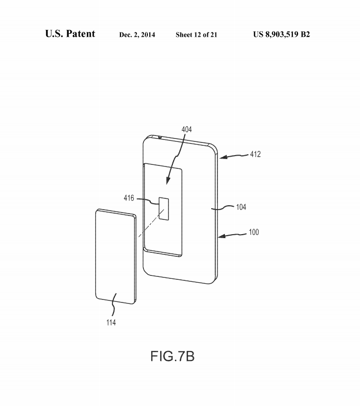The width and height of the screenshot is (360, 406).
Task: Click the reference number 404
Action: [x=187, y=129]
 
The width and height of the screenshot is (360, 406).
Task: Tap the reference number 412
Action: [x=255, y=154]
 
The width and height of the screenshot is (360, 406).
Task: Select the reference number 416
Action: [x=129, y=198]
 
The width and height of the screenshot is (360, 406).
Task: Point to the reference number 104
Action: [x=241, y=207]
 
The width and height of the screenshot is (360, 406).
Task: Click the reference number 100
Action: [x=254, y=232]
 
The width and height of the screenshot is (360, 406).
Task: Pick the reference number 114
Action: [x=111, y=323]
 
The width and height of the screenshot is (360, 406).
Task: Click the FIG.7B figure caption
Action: [x=172, y=356]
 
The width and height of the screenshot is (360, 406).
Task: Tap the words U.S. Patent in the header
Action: [x=70, y=34]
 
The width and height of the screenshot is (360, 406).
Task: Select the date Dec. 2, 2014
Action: [x=137, y=35]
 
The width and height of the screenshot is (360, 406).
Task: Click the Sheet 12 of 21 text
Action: [x=196, y=35]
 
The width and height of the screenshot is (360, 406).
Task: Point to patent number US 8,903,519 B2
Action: [x=281, y=34]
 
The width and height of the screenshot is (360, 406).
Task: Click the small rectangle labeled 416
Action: [x=164, y=209]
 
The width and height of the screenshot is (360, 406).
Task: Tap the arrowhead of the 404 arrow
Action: [x=168, y=181]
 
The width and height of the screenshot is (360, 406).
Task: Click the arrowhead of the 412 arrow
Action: [x=223, y=157]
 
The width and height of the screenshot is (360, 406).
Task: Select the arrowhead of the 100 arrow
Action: [x=222, y=236]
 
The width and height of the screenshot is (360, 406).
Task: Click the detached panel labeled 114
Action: [x=115, y=256]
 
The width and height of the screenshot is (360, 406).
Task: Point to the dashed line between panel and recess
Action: [x=151, y=223]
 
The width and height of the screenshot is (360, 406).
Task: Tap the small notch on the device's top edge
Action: [x=160, y=137]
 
